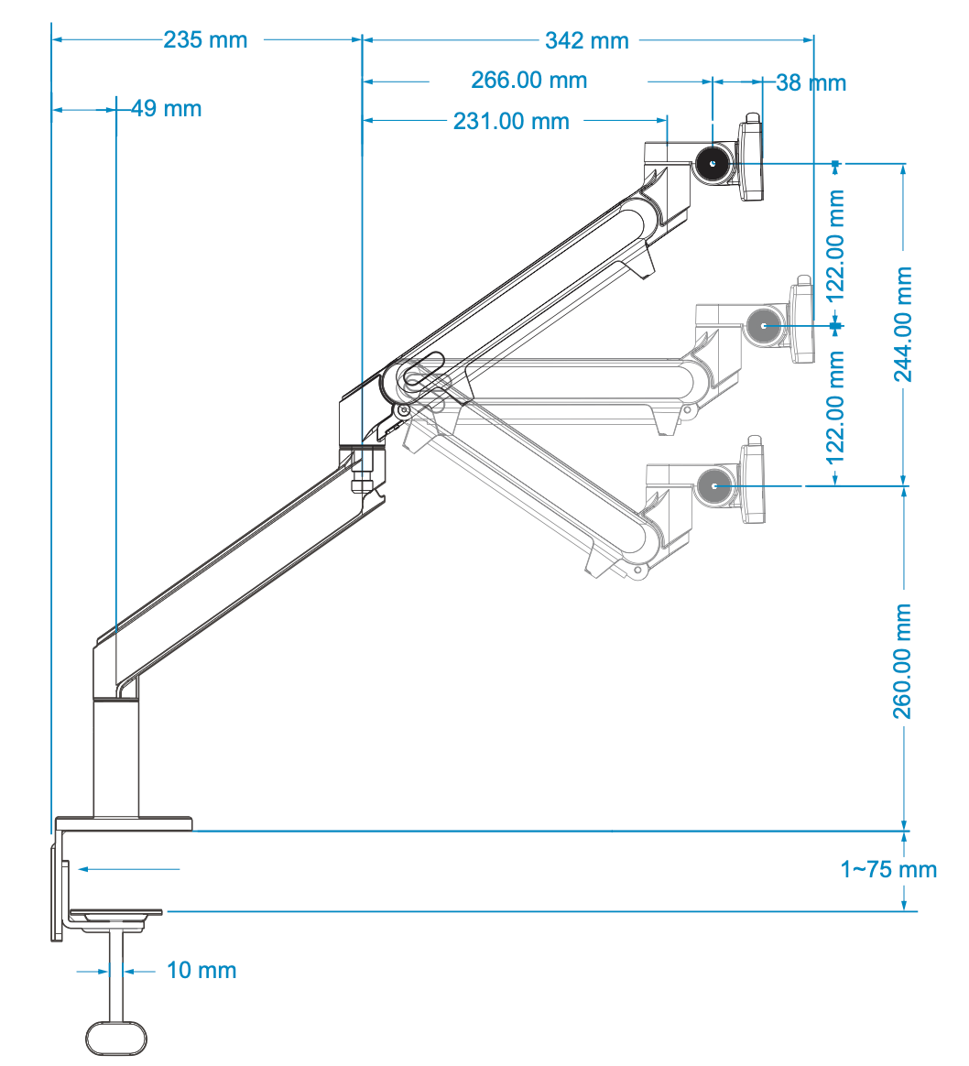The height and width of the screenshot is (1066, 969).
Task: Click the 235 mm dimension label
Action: coord(205,40)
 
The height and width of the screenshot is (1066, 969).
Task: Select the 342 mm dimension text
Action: coord(587,40)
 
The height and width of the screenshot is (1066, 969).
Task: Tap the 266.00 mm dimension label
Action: coord(528,81)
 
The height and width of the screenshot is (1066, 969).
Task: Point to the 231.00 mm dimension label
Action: coord(511,121)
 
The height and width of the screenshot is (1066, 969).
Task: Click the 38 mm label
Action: coord(811,83)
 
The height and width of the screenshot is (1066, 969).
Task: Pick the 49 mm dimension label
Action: coord(166,109)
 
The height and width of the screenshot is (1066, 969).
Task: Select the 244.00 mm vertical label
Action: coord(903,324)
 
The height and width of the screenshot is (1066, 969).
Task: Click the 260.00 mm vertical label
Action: coord(903,660)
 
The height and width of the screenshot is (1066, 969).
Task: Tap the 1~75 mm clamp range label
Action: coord(888,869)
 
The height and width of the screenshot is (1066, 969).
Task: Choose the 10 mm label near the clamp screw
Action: coord(201,970)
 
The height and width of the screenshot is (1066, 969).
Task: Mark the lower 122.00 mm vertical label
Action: coord(835,406)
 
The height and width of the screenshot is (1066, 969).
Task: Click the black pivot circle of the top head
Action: coord(712,164)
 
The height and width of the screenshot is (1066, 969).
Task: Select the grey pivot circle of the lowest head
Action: coord(713,486)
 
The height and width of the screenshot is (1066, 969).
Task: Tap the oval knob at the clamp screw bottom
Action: coord(116,1038)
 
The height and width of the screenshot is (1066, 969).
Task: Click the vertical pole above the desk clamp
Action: coord(116,759)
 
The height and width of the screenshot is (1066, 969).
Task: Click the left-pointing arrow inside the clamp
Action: coord(128,868)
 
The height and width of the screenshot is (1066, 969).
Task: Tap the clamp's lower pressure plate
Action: coord(116,913)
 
